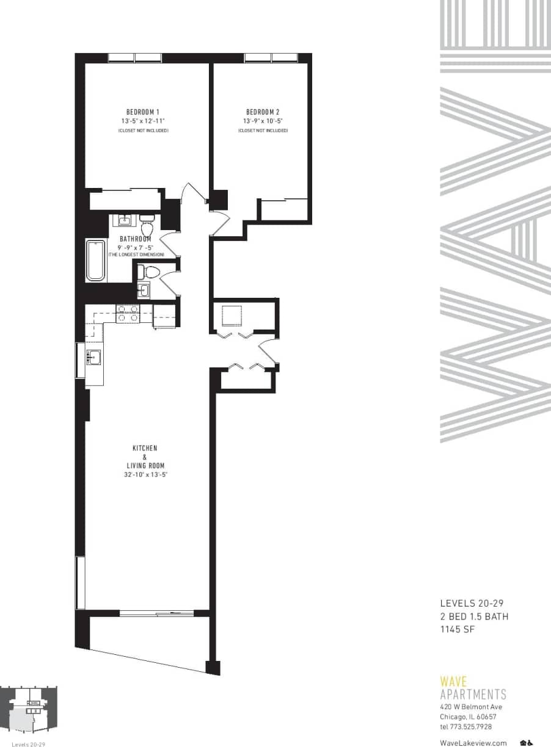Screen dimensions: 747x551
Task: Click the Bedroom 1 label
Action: point(143,112)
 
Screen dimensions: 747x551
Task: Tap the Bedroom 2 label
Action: point(263,112)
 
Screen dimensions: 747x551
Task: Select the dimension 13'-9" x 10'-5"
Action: point(263,121)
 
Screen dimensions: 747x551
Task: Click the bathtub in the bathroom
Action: point(95,261)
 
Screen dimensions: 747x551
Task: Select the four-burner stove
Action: point(128,314)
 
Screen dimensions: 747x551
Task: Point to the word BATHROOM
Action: point(135,239)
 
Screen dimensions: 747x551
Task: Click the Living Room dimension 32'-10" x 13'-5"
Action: point(145,474)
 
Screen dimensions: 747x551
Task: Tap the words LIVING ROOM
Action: point(145,466)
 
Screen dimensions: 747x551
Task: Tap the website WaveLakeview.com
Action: point(473,743)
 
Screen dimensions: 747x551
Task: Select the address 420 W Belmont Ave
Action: point(471,707)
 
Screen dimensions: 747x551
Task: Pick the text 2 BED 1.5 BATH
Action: point(474,616)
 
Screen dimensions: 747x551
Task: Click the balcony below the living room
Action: point(147,638)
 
